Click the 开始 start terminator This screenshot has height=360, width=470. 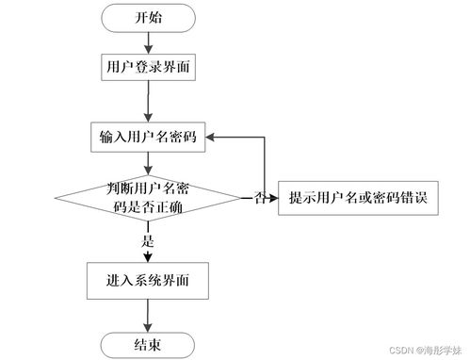coord(147,19)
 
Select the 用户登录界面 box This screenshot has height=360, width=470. coord(147,67)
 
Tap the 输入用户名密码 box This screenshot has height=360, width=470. coord(148,137)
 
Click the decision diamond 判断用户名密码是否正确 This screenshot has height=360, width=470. coord(148,199)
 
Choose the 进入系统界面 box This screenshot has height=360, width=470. coord(148,280)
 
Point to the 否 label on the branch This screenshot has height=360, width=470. coord(258,199)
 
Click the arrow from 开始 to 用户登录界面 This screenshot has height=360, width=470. coord(147,41)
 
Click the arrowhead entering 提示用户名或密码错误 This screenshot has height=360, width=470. coord(272,199)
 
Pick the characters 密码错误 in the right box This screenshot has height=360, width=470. coord(409,199)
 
